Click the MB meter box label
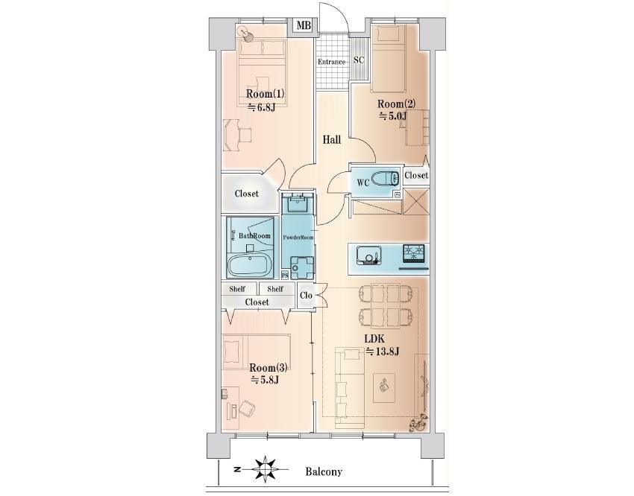304,26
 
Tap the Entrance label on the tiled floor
331,62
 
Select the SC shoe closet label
359,60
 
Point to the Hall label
332,140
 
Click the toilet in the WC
385,177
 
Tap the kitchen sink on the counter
368,255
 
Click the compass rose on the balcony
265,469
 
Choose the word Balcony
324,471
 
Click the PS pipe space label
285,276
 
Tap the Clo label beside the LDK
306,296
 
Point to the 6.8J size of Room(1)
261,107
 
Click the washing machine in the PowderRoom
301,267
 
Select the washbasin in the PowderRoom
298,203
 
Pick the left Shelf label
237,289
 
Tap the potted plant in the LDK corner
418,423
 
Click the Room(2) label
396,104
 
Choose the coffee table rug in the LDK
383,388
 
